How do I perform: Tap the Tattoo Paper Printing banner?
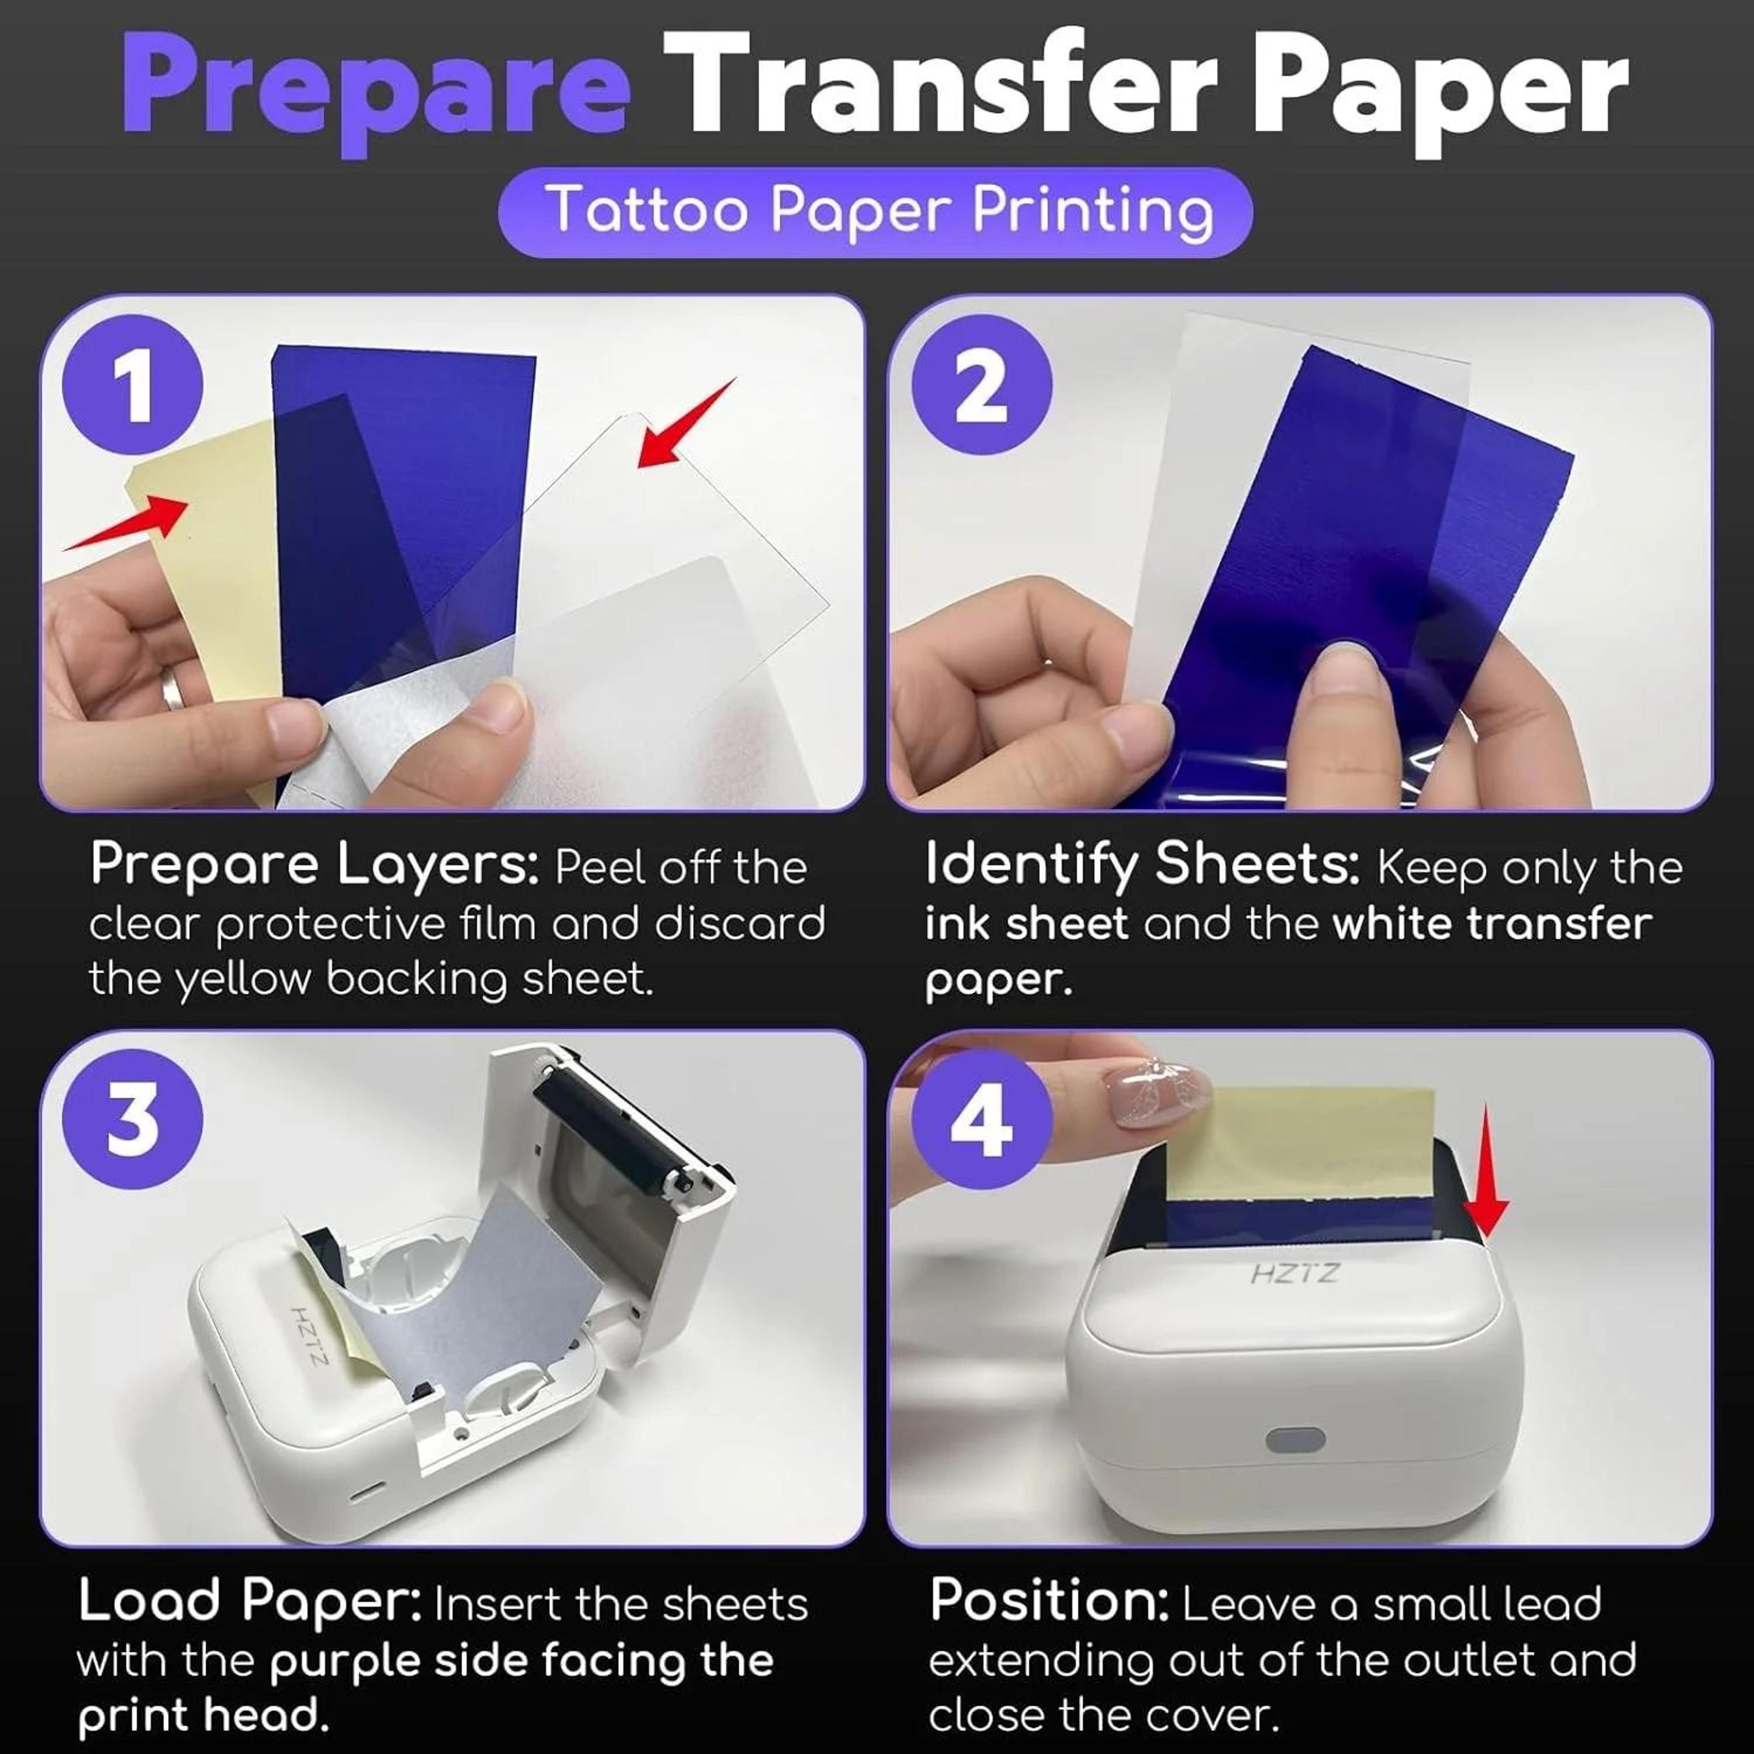pos(876,211)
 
